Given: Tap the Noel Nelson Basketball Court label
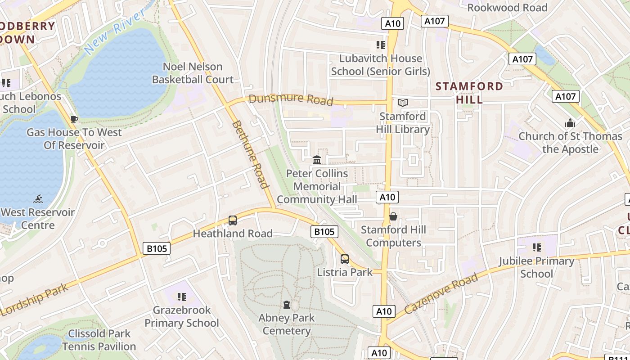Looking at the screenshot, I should point(193,73).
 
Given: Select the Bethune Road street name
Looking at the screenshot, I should point(250,154).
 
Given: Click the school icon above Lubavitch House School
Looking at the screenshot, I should point(381,45).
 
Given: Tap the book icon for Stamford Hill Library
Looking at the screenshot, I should point(403,103).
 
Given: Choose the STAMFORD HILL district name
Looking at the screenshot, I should point(469,93).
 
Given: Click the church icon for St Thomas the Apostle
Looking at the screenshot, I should point(570,123).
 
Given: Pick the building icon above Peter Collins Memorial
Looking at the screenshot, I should point(317,160).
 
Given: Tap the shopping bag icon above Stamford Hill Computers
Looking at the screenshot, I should point(393,217).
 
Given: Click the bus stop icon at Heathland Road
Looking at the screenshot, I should point(233,220).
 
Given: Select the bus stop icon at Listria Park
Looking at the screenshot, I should point(345,259).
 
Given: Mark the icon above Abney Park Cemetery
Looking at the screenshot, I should point(287,305).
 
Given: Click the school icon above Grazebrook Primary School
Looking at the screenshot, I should point(182,297).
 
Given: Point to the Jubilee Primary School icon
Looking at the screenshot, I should point(536,247).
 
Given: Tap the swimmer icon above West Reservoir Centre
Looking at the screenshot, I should point(38,199).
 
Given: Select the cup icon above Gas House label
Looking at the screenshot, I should point(74,119).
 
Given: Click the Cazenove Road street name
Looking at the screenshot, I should point(441,294).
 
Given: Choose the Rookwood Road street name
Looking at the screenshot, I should point(507,8).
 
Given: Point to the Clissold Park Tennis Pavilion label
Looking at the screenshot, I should point(99,340).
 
